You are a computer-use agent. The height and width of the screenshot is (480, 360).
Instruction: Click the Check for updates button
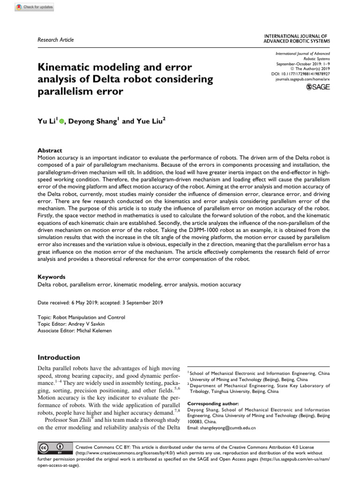click(34, 7)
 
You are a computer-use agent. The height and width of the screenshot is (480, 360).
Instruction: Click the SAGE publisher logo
click(317, 87)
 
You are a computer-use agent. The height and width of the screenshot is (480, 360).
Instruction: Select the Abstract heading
click(50, 150)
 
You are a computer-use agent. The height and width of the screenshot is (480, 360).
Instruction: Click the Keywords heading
click(51, 277)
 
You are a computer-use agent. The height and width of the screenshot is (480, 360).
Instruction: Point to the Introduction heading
click(59, 357)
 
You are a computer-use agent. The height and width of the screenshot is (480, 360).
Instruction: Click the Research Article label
click(55, 40)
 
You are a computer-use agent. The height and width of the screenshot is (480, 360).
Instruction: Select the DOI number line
click(300, 74)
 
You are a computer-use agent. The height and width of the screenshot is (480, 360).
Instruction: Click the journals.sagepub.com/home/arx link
click(302, 80)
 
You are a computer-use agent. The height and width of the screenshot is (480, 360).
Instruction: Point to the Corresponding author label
click(213, 404)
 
